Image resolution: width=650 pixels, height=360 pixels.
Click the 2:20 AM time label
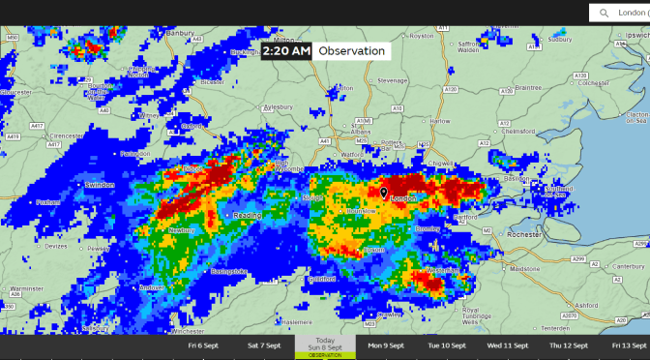point(285,51)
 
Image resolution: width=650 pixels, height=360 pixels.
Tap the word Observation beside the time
point(351,51)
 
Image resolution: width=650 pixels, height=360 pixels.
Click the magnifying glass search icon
point(605,13)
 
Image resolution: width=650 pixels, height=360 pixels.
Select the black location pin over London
point(383,193)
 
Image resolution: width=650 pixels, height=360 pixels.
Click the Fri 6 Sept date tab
point(203,345)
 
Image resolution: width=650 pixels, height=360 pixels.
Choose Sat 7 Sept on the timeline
point(264,345)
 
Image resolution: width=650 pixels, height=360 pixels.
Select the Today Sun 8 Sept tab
point(325,346)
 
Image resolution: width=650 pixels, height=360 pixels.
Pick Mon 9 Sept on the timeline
point(386,345)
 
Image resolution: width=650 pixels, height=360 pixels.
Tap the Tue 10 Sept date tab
point(446,345)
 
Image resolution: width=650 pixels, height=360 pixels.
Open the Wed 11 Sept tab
point(507,345)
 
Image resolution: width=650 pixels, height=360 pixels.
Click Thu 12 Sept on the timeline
point(568,345)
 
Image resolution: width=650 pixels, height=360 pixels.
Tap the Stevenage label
point(393,80)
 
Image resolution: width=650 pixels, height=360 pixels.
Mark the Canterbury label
point(628,266)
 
